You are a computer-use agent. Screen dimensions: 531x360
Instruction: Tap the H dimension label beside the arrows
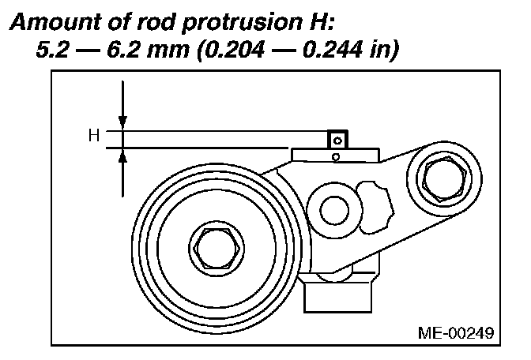click(x=93, y=136)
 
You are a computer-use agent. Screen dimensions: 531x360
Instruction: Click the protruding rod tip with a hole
click(x=338, y=140)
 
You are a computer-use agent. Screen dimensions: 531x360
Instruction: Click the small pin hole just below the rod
click(x=337, y=156)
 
